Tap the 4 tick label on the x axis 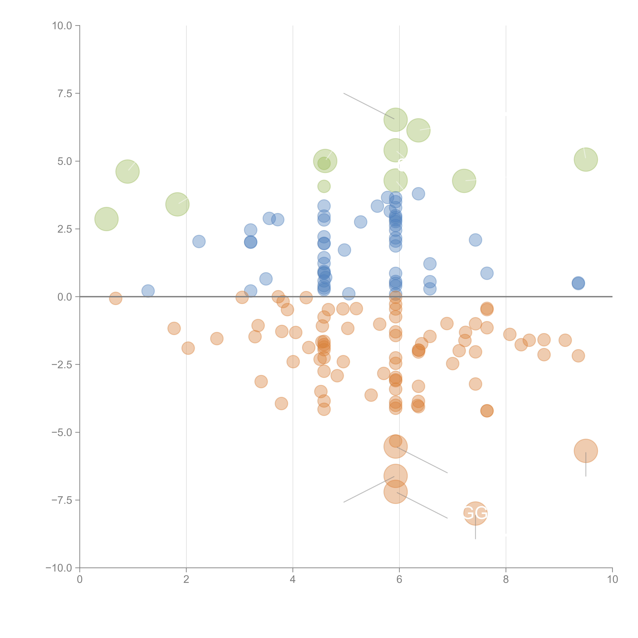click(293, 580)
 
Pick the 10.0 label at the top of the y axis click(62, 26)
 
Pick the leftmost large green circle click(106, 219)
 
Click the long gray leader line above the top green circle click(368, 106)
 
